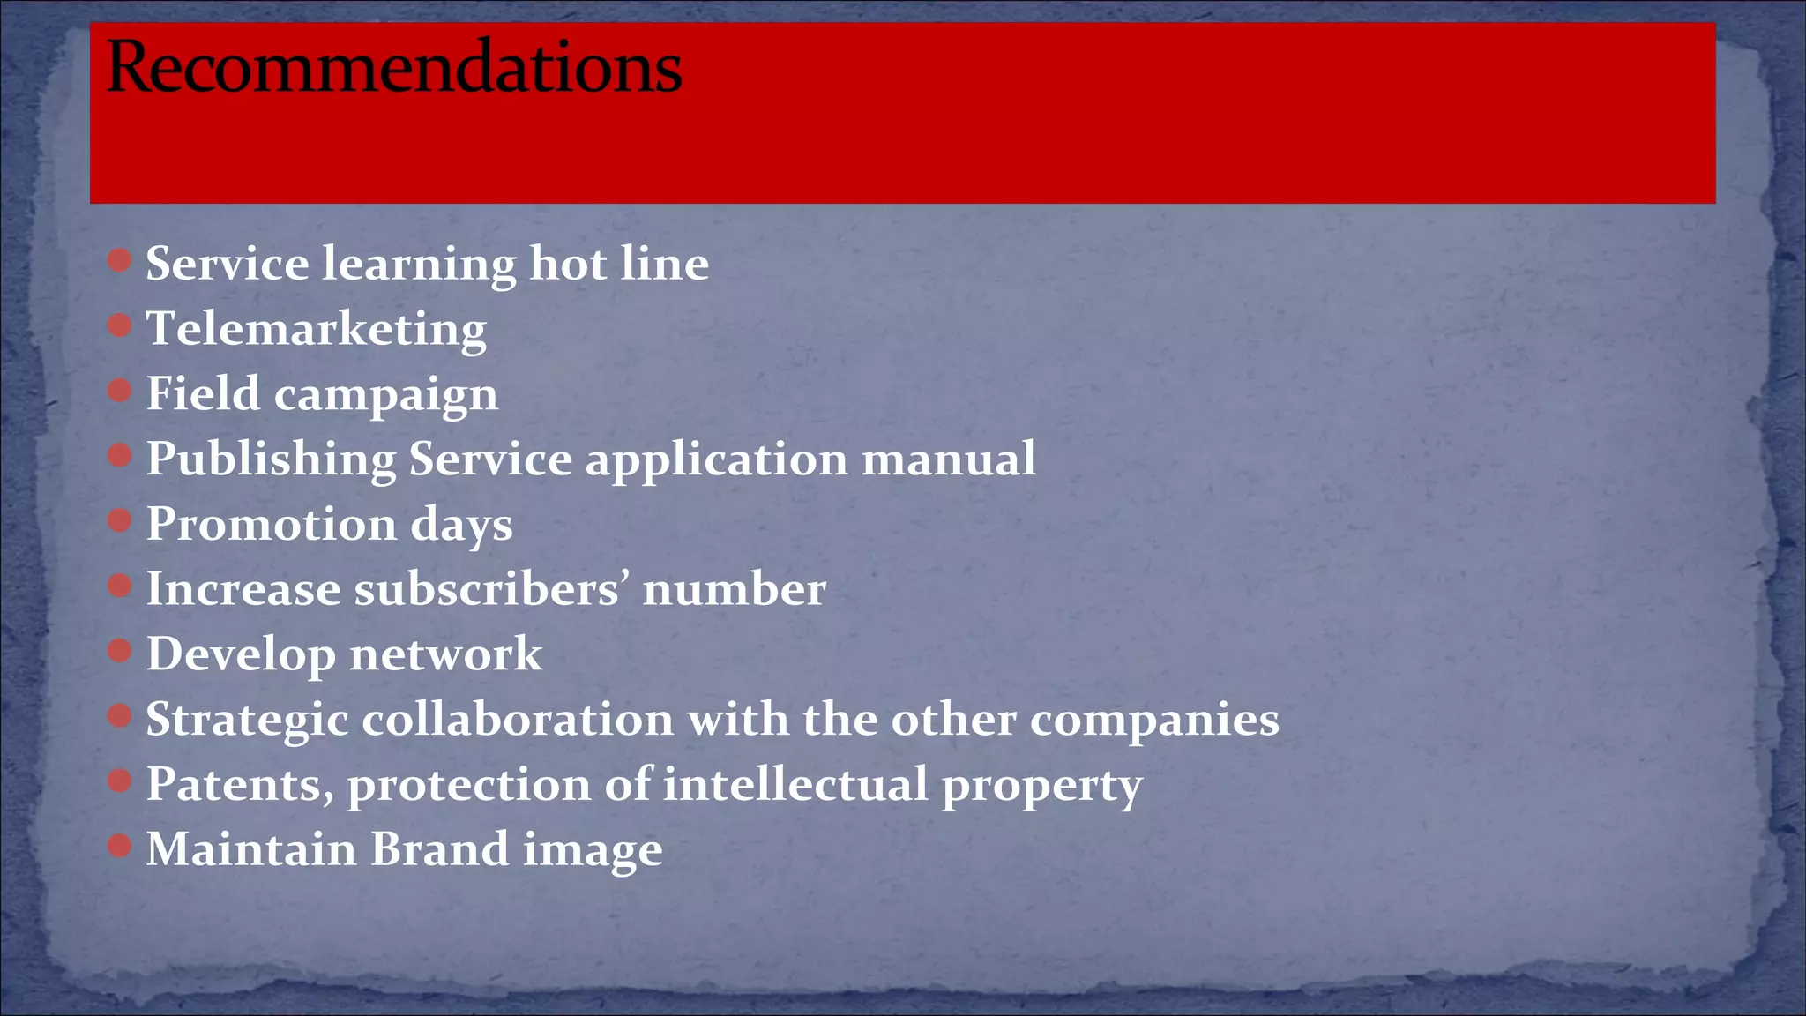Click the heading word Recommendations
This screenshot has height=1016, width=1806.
pos(393,67)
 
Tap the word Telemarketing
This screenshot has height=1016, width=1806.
pos(316,330)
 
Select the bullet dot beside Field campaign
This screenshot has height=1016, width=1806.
pos(119,390)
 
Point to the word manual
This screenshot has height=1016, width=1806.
pos(948,459)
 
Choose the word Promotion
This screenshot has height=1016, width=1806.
pos(271,525)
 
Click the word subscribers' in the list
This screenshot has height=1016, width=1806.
pos(491,589)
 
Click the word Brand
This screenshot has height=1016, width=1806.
pos(439,849)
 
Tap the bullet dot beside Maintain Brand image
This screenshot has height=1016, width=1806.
pos(119,847)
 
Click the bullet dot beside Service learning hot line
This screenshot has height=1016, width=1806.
pos(119,260)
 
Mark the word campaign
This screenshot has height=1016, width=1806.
pos(385,395)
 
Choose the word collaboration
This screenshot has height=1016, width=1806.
pos(518,719)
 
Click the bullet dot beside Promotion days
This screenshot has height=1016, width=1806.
pos(119,520)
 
